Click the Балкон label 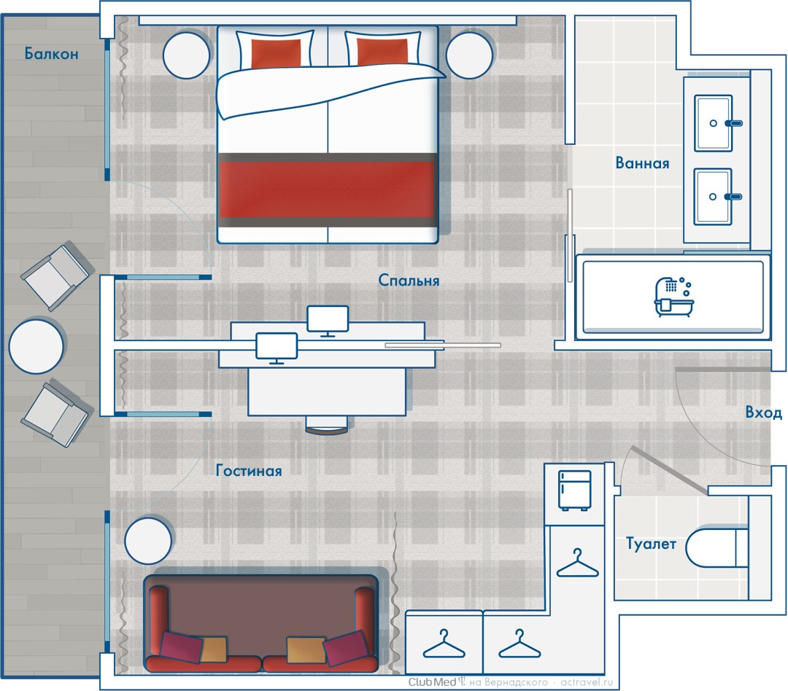(51, 53)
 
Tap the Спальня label (409, 280)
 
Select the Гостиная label (249, 471)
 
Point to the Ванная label (642, 163)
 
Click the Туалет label (651, 543)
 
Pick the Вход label (763, 413)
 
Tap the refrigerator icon (574, 491)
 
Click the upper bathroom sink (714, 123)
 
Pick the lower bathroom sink (713, 196)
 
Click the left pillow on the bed (275, 50)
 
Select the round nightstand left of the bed (187, 55)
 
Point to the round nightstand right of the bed (469, 55)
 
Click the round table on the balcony (36, 346)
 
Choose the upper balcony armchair (55, 277)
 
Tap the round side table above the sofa (148, 541)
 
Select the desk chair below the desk (327, 426)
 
